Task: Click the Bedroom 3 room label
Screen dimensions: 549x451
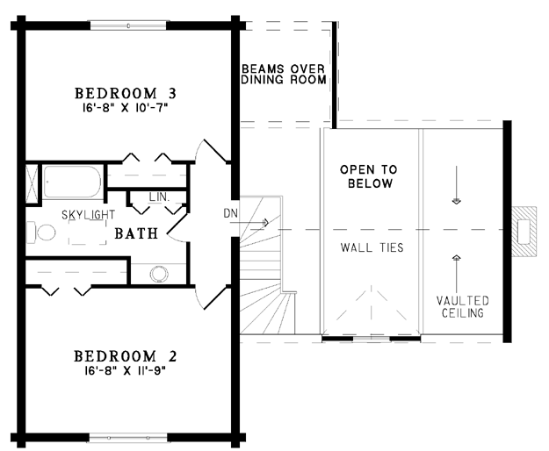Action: [126, 93]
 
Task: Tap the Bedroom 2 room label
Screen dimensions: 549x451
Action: [126, 356]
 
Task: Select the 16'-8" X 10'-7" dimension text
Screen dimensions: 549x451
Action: [126, 108]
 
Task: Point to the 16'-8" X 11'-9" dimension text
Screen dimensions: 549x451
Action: [125, 370]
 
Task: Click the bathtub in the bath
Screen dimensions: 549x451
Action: [73, 183]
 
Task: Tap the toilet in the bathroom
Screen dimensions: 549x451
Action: [41, 233]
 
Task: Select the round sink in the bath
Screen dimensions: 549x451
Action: [158, 274]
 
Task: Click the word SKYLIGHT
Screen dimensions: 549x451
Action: [88, 215]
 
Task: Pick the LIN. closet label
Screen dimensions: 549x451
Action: [159, 197]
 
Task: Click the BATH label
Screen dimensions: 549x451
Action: [136, 233]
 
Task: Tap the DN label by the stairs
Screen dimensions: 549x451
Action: [230, 213]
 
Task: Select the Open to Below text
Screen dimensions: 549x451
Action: [369, 176]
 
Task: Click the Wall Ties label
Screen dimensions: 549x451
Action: [372, 248]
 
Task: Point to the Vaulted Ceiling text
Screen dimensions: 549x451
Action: [463, 306]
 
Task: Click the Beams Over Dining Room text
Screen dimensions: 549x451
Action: [284, 74]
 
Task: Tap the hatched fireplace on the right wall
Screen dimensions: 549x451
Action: [524, 232]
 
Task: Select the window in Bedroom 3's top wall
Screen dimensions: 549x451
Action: [128, 25]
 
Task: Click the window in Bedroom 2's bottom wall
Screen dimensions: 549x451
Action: [128, 437]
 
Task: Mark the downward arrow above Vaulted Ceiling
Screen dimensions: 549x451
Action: [456, 185]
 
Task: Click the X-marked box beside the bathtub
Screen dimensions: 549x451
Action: [33, 184]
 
